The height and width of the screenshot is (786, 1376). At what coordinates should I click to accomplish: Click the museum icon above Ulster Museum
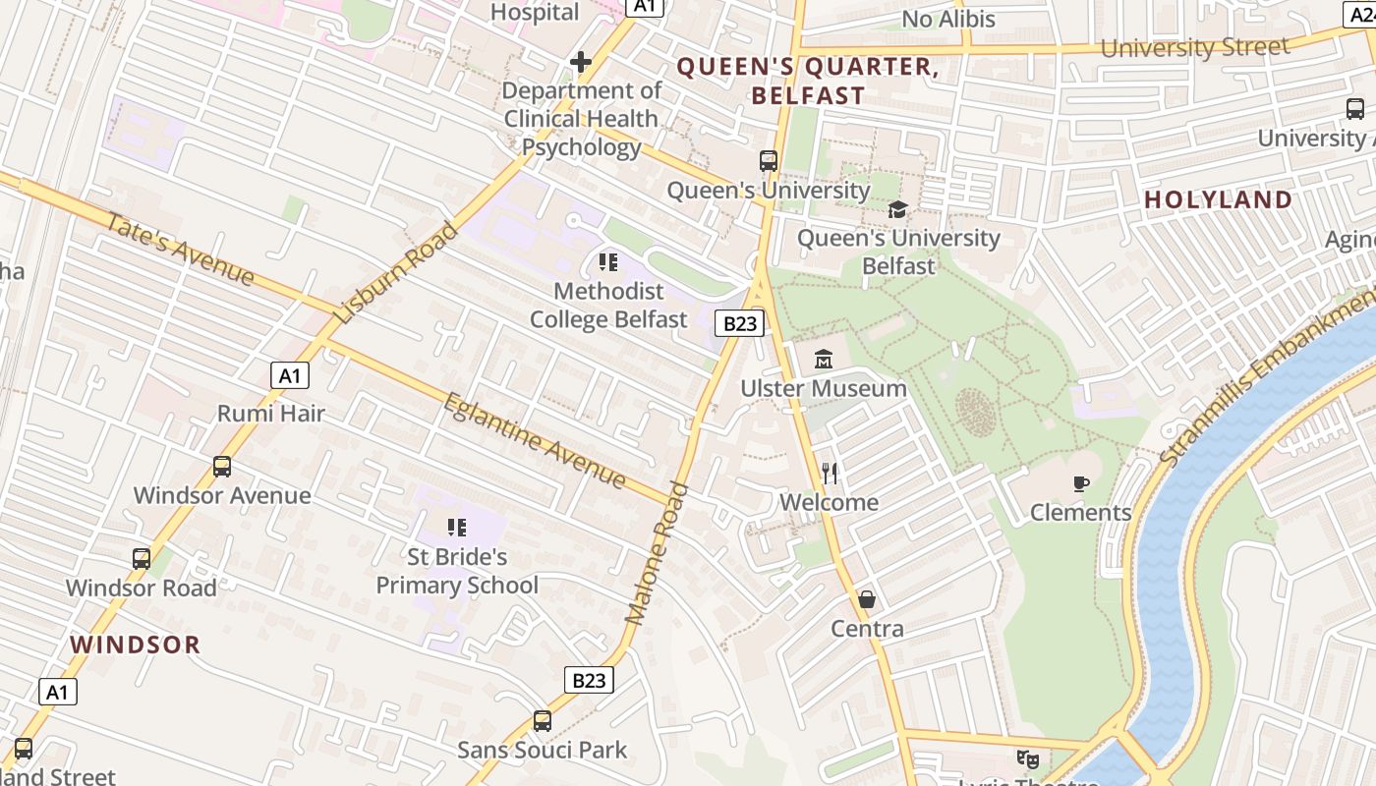click(824, 360)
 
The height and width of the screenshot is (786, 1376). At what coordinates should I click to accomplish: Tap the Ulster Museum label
click(824, 388)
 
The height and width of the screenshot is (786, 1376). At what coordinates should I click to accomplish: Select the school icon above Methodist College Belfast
click(608, 262)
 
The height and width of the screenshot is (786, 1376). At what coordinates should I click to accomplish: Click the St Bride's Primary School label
click(457, 571)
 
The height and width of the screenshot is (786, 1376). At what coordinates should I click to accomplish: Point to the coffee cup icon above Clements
click(1081, 483)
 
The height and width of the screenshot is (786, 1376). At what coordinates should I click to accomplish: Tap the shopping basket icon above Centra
click(867, 599)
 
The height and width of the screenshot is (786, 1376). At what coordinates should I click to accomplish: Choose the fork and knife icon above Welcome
click(830, 474)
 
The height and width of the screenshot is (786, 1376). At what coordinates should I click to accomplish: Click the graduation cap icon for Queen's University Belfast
click(897, 209)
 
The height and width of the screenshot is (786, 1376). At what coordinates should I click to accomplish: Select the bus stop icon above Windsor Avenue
click(222, 467)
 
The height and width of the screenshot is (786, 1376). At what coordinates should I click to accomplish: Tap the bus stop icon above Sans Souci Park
click(543, 721)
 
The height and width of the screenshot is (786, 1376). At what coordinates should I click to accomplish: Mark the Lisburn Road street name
click(396, 273)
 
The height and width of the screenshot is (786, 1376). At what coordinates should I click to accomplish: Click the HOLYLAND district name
click(1218, 199)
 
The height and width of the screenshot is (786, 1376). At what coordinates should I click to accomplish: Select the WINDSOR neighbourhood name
click(136, 645)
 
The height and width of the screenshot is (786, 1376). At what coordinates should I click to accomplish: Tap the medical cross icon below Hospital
click(581, 63)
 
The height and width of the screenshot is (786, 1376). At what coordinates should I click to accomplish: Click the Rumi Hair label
click(271, 413)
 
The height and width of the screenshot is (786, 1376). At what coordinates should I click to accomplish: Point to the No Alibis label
click(948, 19)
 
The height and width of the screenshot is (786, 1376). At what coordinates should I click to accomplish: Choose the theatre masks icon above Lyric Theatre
click(1027, 758)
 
